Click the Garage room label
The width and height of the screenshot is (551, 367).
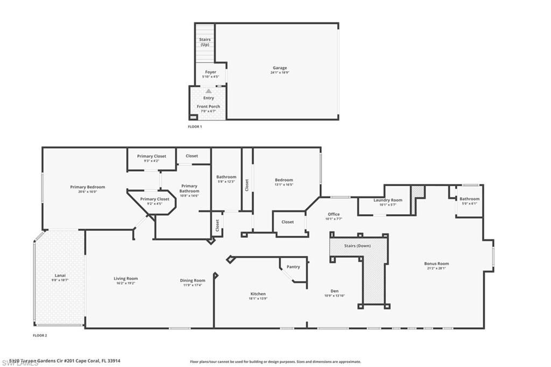(279, 68)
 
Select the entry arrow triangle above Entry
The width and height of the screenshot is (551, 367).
(208, 91)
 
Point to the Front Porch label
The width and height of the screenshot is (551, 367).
(208, 107)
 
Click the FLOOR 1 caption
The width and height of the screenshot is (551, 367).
(194, 126)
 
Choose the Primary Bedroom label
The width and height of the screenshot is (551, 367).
(88, 187)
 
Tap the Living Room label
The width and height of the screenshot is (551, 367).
(126, 279)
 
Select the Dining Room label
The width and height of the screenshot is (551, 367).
(193, 280)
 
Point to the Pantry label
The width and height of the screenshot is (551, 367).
(293, 266)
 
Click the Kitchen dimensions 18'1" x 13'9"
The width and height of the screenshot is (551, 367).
(258, 298)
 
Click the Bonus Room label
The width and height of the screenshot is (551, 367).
(436, 264)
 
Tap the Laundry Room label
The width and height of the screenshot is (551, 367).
(388, 200)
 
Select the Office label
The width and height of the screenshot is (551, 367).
(334, 214)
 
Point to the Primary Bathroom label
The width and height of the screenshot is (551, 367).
(189, 188)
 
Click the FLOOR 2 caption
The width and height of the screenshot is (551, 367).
(40, 335)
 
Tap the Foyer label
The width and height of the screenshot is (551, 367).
(210, 72)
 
